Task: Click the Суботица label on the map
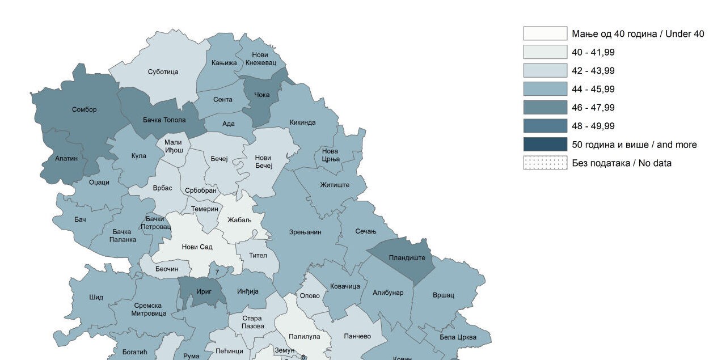coord(163,72)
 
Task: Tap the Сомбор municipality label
coord(84,109)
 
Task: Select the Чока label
coord(261,95)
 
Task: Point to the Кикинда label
coord(302,122)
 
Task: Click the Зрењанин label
coord(305,232)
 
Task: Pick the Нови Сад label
coord(197,247)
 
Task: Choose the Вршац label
coord(443,295)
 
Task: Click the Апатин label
coord(66,159)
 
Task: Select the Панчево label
coord(357,336)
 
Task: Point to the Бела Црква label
coord(458,337)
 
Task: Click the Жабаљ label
coord(239,220)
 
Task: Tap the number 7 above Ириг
coord(217,273)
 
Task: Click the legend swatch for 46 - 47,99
coord(544,108)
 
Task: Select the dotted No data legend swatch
coord(544,163)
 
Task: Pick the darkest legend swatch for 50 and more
coord(544,145)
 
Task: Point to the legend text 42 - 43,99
coord(593,71)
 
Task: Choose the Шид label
coord(96,297)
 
